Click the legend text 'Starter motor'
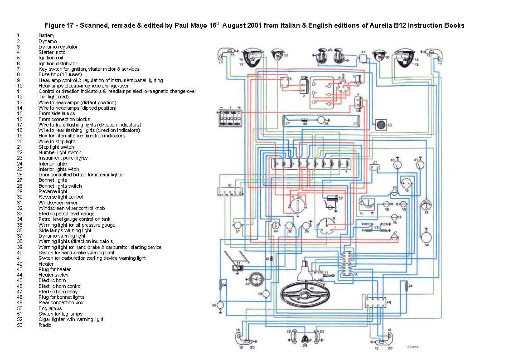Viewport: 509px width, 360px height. [53, 52]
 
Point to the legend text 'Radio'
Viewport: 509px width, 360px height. [45, 325]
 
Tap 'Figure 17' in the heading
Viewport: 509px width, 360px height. [59, 26]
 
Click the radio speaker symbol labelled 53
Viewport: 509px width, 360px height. [380, 124]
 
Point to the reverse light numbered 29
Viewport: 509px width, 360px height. [305, 338]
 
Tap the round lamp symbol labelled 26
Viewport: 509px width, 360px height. [221, 306]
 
